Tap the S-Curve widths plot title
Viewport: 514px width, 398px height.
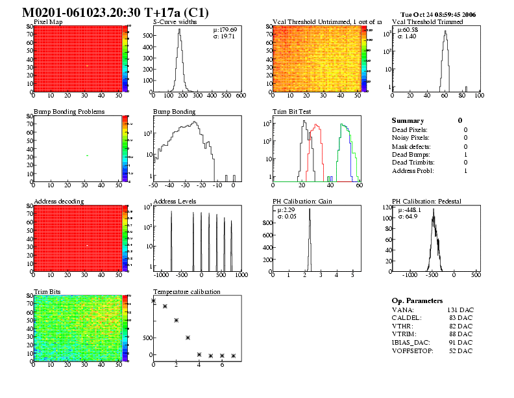(x=174, y=22)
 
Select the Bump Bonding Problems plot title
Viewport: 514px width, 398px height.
(x=69, y=112)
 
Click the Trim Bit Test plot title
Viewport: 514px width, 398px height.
(x=290, y=112)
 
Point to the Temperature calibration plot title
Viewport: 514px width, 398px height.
(x=187, y=291)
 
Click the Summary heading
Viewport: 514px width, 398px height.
(x=408, y=121)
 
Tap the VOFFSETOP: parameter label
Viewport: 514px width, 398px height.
(x=415, y=351)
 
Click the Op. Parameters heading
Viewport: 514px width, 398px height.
(x=417, y=301)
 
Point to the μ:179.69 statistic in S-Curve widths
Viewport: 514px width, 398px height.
(x=225, y=30)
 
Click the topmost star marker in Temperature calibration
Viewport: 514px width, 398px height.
(x=154, y=301)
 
